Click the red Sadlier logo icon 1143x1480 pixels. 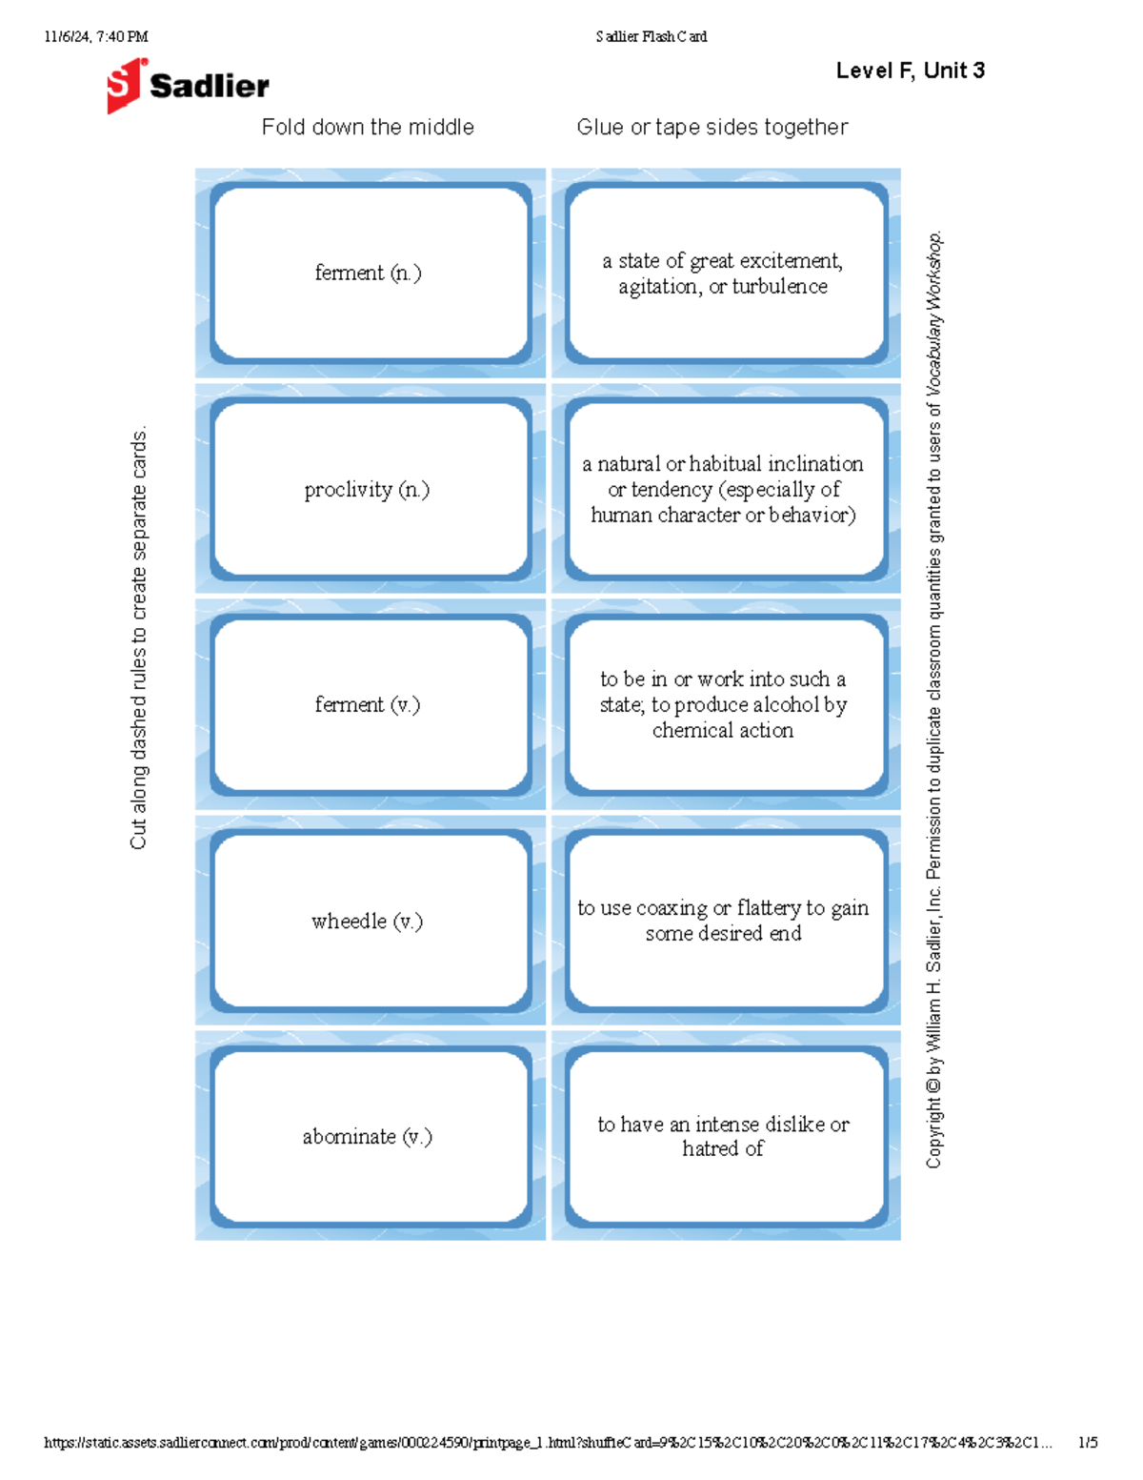click(x=126, y=86)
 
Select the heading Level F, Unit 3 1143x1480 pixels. click(x=910, y=71)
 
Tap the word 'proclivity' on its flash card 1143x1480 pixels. click(x=349, y=490)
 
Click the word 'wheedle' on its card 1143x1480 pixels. click(x=349, y=922)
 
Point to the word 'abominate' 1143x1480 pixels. click(x=349, y=1137)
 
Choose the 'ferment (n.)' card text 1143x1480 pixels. click(x=368, y=274)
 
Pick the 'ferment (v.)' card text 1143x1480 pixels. click(x=368, y=705)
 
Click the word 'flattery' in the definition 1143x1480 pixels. click(x=769, y=908)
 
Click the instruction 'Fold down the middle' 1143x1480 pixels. click(x=368, y=128)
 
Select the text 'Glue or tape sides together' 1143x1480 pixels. click(x=712, y=128)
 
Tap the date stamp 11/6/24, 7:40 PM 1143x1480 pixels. click(x=95, y=37)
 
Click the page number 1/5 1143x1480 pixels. click(x=1087, y=1443)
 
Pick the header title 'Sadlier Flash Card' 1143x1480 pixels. click(x=652, y=37)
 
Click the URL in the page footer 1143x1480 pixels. click(x=548, y=1443)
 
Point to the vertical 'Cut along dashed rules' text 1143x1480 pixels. click(x=139, y=637)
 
